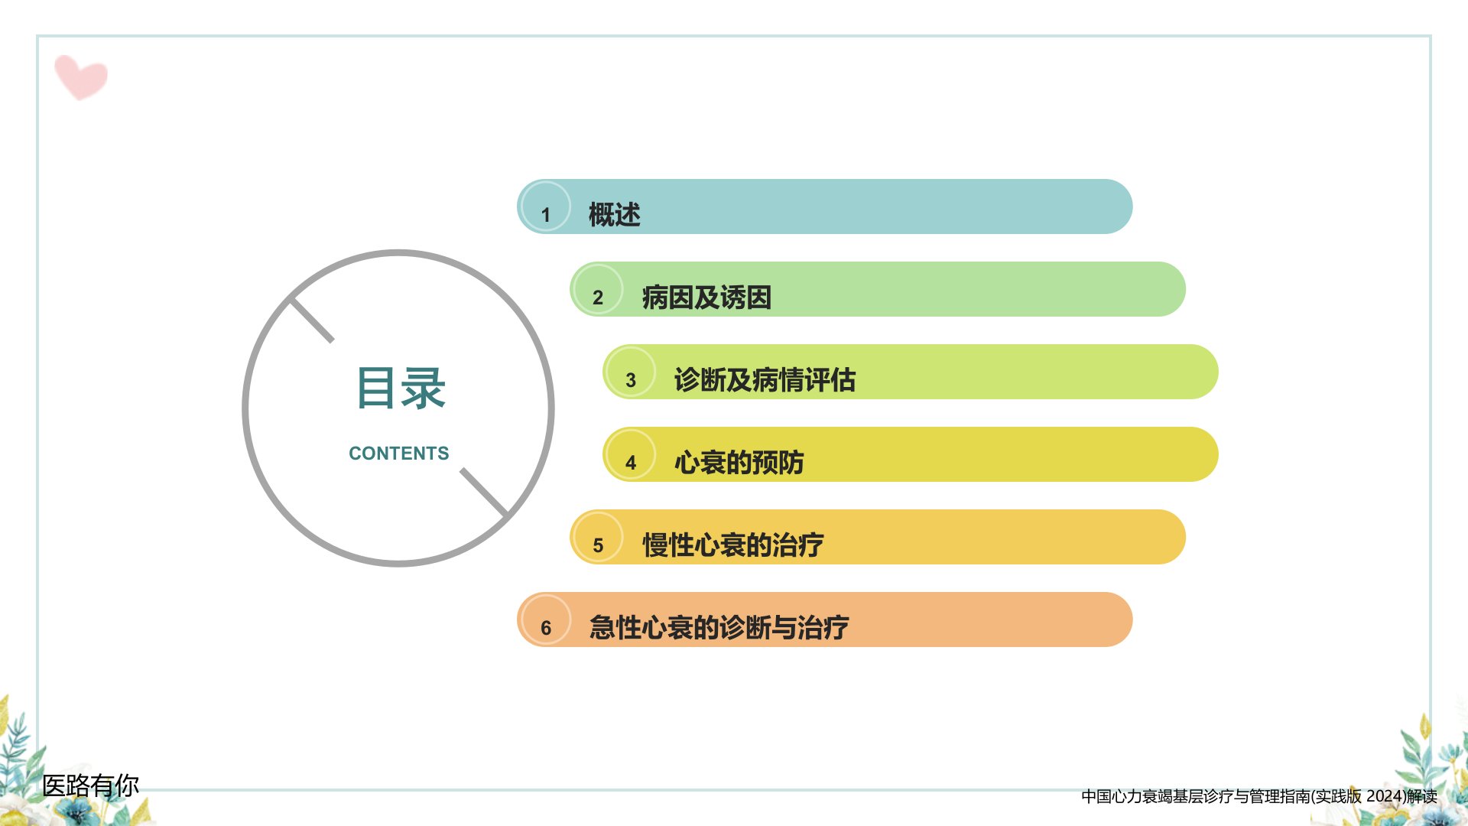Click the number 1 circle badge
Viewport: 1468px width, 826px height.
click(x=545, y=206)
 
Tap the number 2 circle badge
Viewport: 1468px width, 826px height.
click(x=598, y=289)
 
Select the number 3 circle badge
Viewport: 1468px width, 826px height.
click(x=630, y=372)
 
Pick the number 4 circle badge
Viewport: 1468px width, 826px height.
click(x=630, y=454)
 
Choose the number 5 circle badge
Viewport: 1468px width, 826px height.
click(x=598, y=537)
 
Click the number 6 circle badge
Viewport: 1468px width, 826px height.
click(x=545, y=619)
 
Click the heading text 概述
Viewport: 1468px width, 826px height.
click(x=614, y=215)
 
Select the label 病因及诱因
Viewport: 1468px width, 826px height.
click(x=706, y=298)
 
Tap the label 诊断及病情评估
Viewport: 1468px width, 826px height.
click(x=765, y=380)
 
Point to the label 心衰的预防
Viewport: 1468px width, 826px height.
click(x=739, y=463)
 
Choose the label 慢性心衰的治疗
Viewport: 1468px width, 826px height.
click(x=733, y=545)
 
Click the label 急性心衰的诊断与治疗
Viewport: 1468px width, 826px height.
click(x=719, y=628)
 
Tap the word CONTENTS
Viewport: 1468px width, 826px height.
click(x=399, y=454)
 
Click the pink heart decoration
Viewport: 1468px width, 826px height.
click(x=80, y=76)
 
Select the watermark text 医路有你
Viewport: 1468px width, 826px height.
click(x=90, y=785)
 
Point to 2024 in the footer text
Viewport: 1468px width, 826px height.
click(x=1384, y=796)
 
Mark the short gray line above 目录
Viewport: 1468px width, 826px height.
click(x=312, y=320)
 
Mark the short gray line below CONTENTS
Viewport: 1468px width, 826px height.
click(x=485, y=493)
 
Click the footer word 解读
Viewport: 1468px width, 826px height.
click(x=1422, y=796)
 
